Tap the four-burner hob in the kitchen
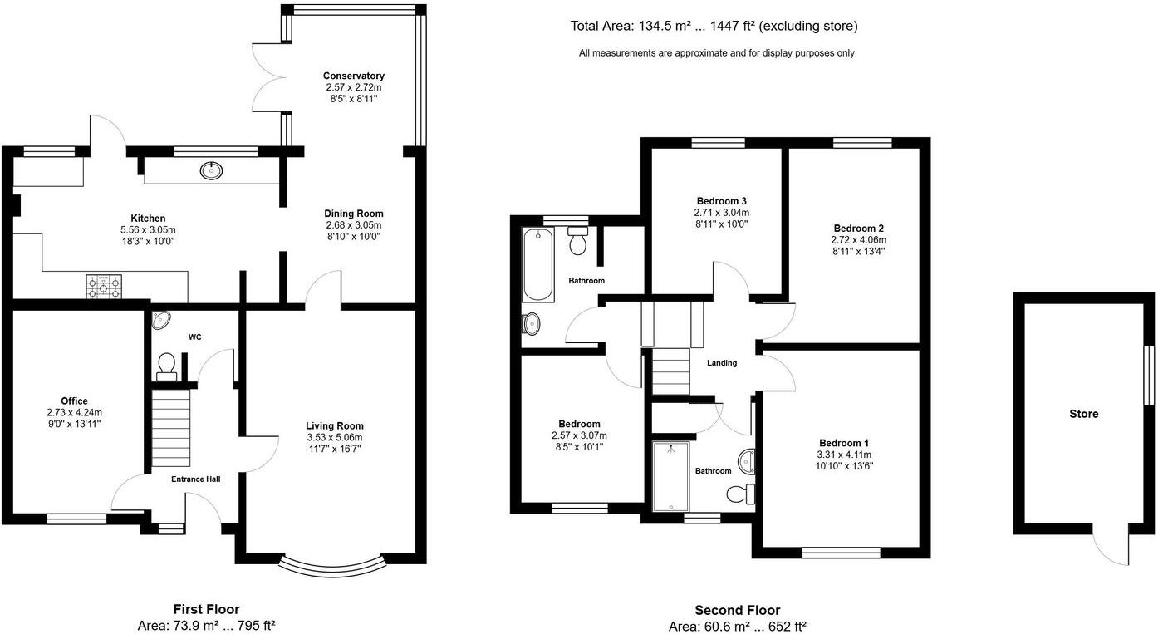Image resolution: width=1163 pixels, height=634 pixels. (103, 287)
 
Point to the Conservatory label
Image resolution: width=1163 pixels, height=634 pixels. (354, 76)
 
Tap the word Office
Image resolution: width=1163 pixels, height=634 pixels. (74, 401)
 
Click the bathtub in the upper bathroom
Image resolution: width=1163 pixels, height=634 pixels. (538, 265)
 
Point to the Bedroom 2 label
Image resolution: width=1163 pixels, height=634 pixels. (858, 229)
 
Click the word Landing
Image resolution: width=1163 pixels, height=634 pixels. (721, 363)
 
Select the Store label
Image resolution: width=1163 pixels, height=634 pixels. (1083, 414)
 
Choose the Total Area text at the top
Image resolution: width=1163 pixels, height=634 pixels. (714, 27)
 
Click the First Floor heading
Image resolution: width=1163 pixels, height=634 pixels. (206, 610)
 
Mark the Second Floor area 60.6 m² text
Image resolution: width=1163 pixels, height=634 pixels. (737, 627)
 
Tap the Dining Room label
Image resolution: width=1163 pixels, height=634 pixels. (354, 214)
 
